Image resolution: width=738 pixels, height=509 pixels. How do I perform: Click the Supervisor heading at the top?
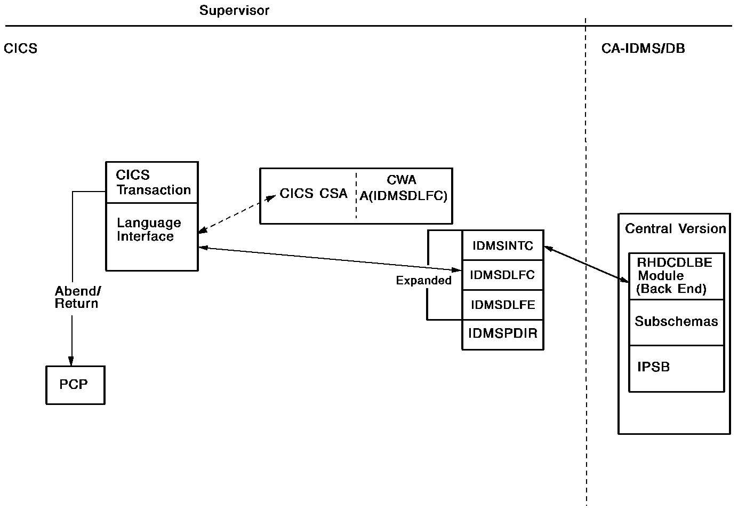[x=234, y=11]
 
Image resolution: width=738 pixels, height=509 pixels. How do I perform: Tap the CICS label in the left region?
[x=20, y=49]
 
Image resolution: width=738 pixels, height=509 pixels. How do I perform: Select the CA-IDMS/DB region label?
[x=643, y=49]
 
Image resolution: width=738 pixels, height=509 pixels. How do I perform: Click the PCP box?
[x=75, y=385]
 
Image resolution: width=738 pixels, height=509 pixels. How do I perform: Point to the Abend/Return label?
[x=77, y=297]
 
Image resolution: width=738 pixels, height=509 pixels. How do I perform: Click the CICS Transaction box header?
[x=152, y=182]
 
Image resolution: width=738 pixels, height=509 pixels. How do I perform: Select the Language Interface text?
[x=149, y=229]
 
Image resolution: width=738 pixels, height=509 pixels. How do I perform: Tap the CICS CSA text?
[x=314, y=194]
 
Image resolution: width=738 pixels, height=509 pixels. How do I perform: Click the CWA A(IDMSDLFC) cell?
[x=403, y=188]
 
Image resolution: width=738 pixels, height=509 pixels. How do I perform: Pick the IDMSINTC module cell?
[x=502, y=245]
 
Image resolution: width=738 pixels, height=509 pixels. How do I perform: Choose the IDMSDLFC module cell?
[x=502, y=275]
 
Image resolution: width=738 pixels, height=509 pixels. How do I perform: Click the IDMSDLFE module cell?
[x=502, y=305]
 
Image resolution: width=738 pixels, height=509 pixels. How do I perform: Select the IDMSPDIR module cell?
[x=502, y=334]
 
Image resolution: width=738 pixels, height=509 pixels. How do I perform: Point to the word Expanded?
[x=423, y=281]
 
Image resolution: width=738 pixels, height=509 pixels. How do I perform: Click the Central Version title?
[x=675, y=229]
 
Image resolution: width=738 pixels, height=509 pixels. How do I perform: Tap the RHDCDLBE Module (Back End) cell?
[x=675, y=276]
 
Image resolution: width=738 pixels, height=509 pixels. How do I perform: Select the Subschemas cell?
[x=676, y=322]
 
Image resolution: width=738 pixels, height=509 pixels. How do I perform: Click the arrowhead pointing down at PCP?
[x=71, y=361]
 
